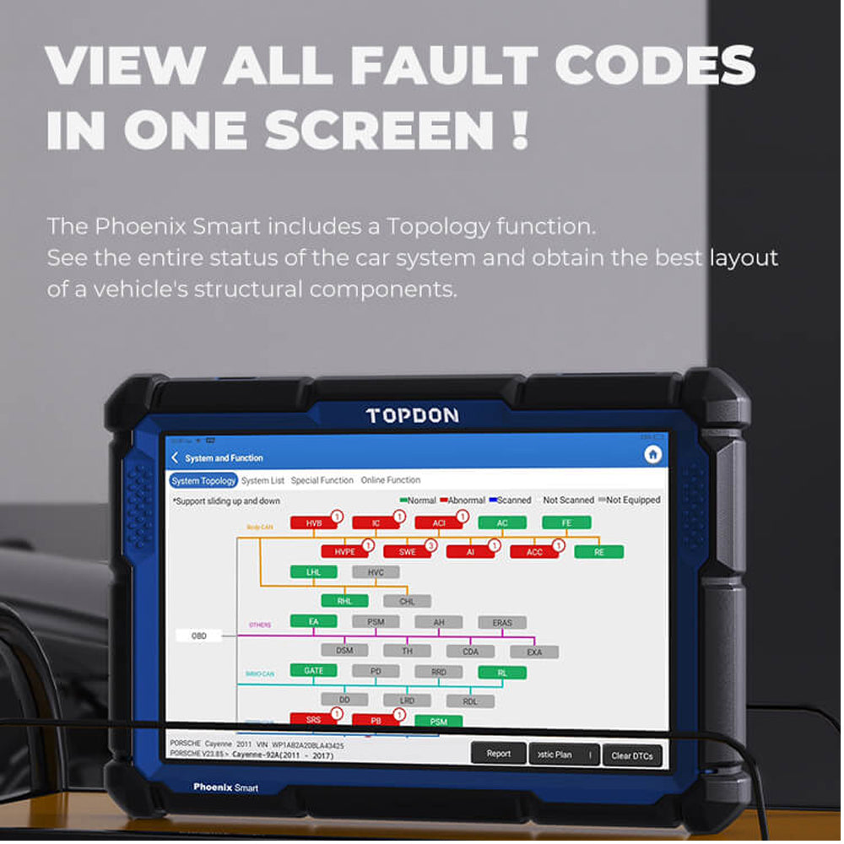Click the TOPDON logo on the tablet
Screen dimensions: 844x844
(x=413, y=415)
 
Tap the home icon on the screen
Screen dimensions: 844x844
(x=652, y=455)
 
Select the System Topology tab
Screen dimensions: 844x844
(x=203, y=480)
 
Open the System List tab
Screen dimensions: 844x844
(x=262, y=480)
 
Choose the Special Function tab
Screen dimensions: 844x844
(x=322, y=480)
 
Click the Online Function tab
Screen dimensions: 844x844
(x=390, y=480)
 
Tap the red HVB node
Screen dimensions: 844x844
(x=314, y=523)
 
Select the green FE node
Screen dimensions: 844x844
(x=565, y=523)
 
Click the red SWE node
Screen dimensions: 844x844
(x=408, y=552)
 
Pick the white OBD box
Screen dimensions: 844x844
(x=199, y=636)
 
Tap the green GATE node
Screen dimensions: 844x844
(x=314, y=671)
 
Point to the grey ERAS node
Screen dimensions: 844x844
(x=502, y=623)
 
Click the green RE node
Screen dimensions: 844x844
(x=598, y=552)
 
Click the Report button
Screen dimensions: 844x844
(x=498, y=754)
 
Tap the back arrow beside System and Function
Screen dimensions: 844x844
(x=175, y=457)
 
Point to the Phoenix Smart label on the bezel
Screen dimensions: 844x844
(x=225, y=787)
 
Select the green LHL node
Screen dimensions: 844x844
(x=314, y=572)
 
